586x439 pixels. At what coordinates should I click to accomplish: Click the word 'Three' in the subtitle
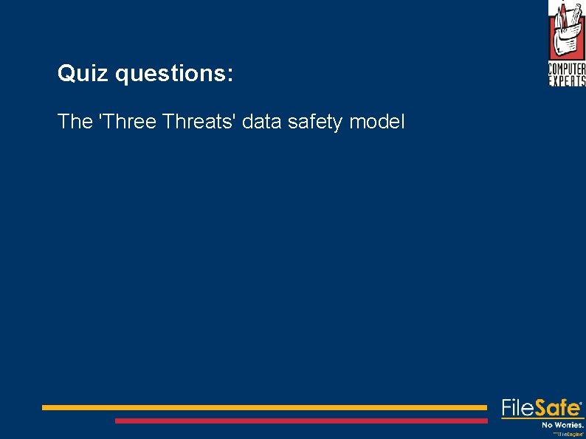click(x=128, y=122)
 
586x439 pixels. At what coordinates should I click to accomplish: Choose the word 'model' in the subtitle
click(x=377, y=122)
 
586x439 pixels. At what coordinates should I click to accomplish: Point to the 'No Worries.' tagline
click(x=562, y=424)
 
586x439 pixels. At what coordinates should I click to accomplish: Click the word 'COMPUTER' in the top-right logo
click(x=567, y=70)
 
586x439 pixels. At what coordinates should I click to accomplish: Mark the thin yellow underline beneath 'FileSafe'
click(x=542, y=418)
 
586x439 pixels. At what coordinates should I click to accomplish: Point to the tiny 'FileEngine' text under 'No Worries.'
click(x=571, y=435)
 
